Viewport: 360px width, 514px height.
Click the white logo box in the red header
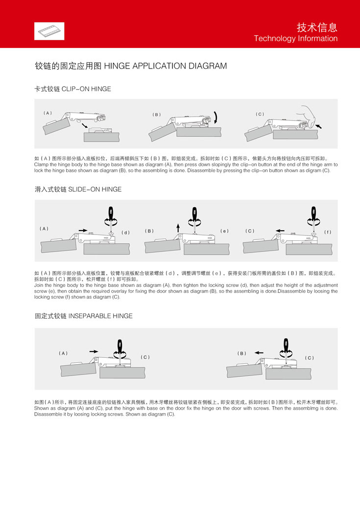[49, 31]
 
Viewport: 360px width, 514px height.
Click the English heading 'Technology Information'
[296, 38]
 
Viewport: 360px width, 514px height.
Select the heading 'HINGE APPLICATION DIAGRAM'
[165, 66]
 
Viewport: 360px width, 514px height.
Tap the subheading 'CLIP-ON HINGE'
[86, 89]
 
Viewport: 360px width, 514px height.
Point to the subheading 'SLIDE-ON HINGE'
[95, 189]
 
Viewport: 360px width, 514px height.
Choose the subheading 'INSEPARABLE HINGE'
[100, 316]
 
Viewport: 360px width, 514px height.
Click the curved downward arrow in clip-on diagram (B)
[216, 117]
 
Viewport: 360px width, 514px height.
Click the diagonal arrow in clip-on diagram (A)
[85, 125]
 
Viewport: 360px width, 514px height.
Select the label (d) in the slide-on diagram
[125, 233]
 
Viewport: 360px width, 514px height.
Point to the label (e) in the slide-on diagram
[225, 231]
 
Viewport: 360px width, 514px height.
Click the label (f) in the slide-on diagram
[328, 232]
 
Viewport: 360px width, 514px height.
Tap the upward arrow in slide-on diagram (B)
[178, 228]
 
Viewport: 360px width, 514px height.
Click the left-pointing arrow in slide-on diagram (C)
[280, 231]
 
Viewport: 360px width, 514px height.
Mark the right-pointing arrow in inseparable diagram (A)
[94, 351]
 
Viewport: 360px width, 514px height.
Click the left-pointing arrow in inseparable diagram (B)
[259, 353]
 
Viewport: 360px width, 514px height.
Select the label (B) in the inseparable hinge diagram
[241, 353]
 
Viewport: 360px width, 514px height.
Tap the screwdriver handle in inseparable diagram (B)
[286, 345]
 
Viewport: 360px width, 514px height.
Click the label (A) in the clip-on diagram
[48, 113]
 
